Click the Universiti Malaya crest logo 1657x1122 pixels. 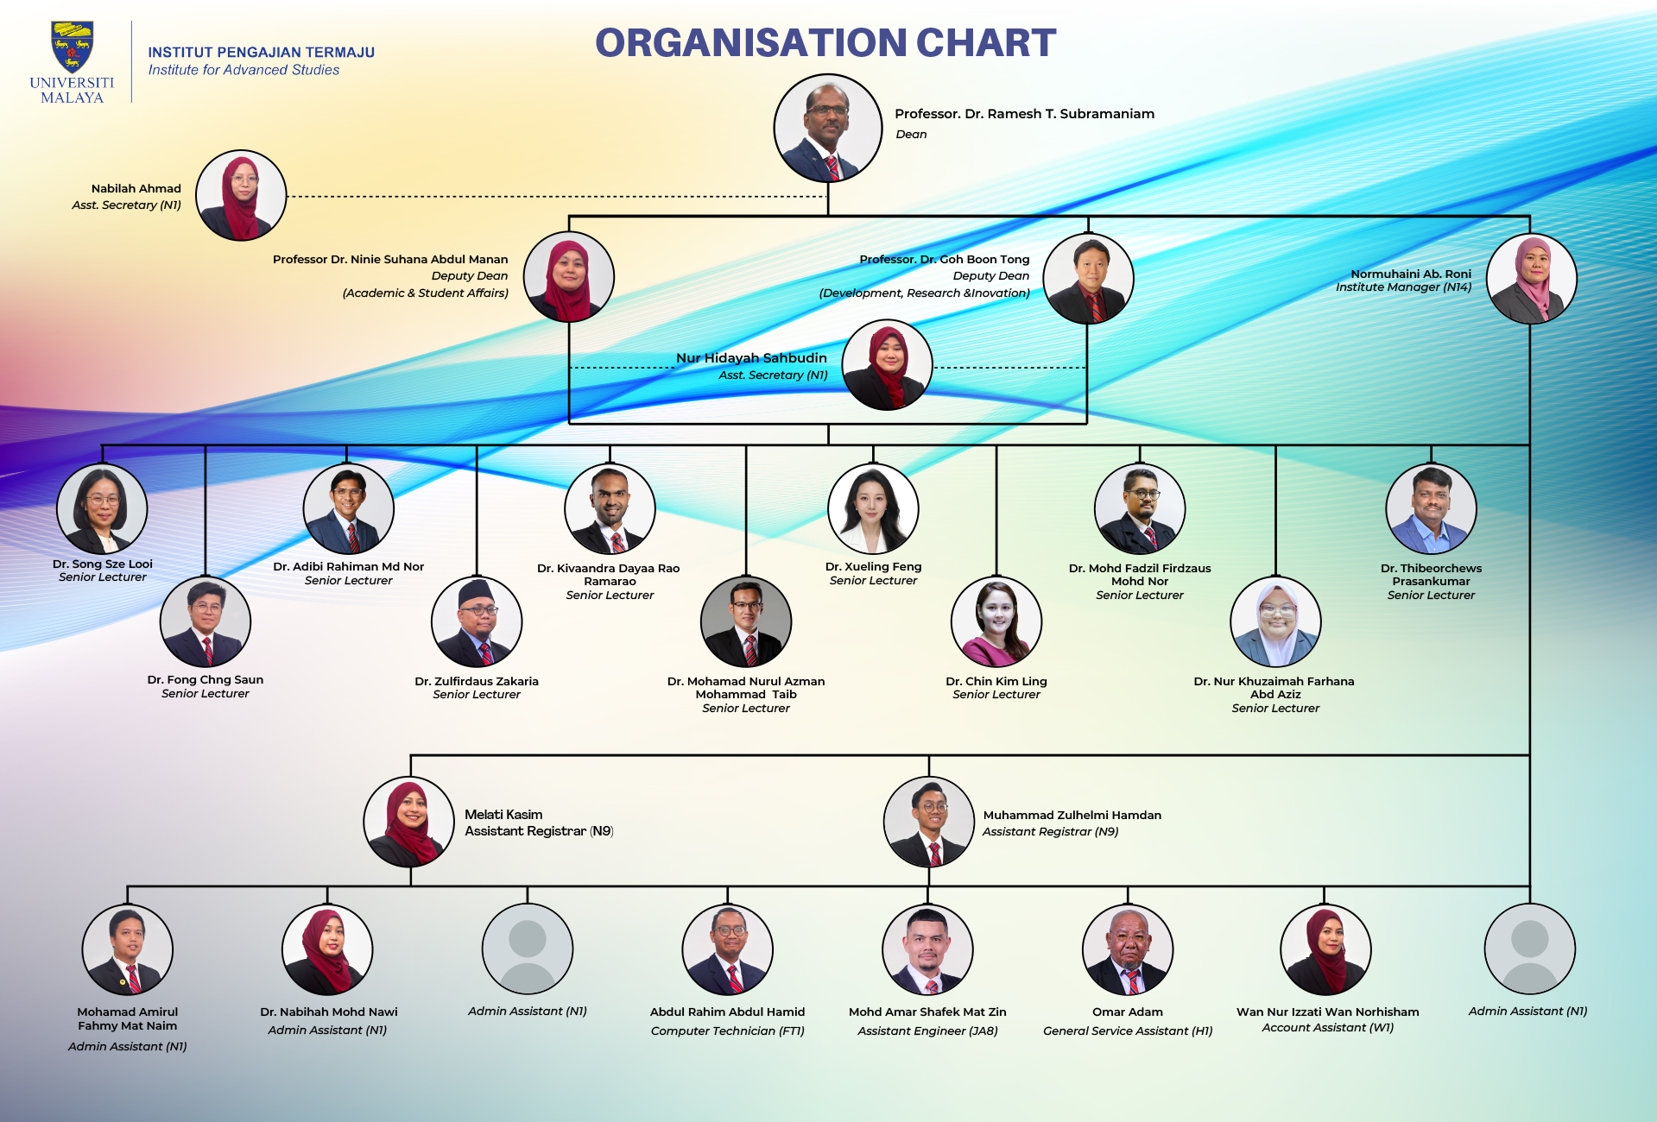point(72,47)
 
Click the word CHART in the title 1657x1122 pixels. point(986,42)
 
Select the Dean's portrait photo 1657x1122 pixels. point(828,128)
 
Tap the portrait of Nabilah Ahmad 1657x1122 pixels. point(241,195)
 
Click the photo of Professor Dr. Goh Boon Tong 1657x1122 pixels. point(1088,278)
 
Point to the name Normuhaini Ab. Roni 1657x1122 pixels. point(1411,274)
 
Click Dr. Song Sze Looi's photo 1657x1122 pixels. point(102,508)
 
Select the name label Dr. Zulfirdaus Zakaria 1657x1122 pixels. point(477,681)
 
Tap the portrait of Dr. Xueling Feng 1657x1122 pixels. point(873,508)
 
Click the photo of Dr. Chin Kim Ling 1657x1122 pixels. point(996,621)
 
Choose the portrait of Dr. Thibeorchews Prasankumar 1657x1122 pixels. point(1431,508)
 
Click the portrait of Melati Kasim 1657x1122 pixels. point(408,822)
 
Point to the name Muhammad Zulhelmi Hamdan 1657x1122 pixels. point(1072,815)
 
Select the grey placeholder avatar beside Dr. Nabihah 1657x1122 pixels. point(528,949)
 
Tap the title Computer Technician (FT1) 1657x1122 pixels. point(728,1031)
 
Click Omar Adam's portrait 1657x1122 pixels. point(1128,949)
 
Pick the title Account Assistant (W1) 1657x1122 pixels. point(1328,1027)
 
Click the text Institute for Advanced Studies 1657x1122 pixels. point(244,70)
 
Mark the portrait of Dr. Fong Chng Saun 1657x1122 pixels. point(206,621)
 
